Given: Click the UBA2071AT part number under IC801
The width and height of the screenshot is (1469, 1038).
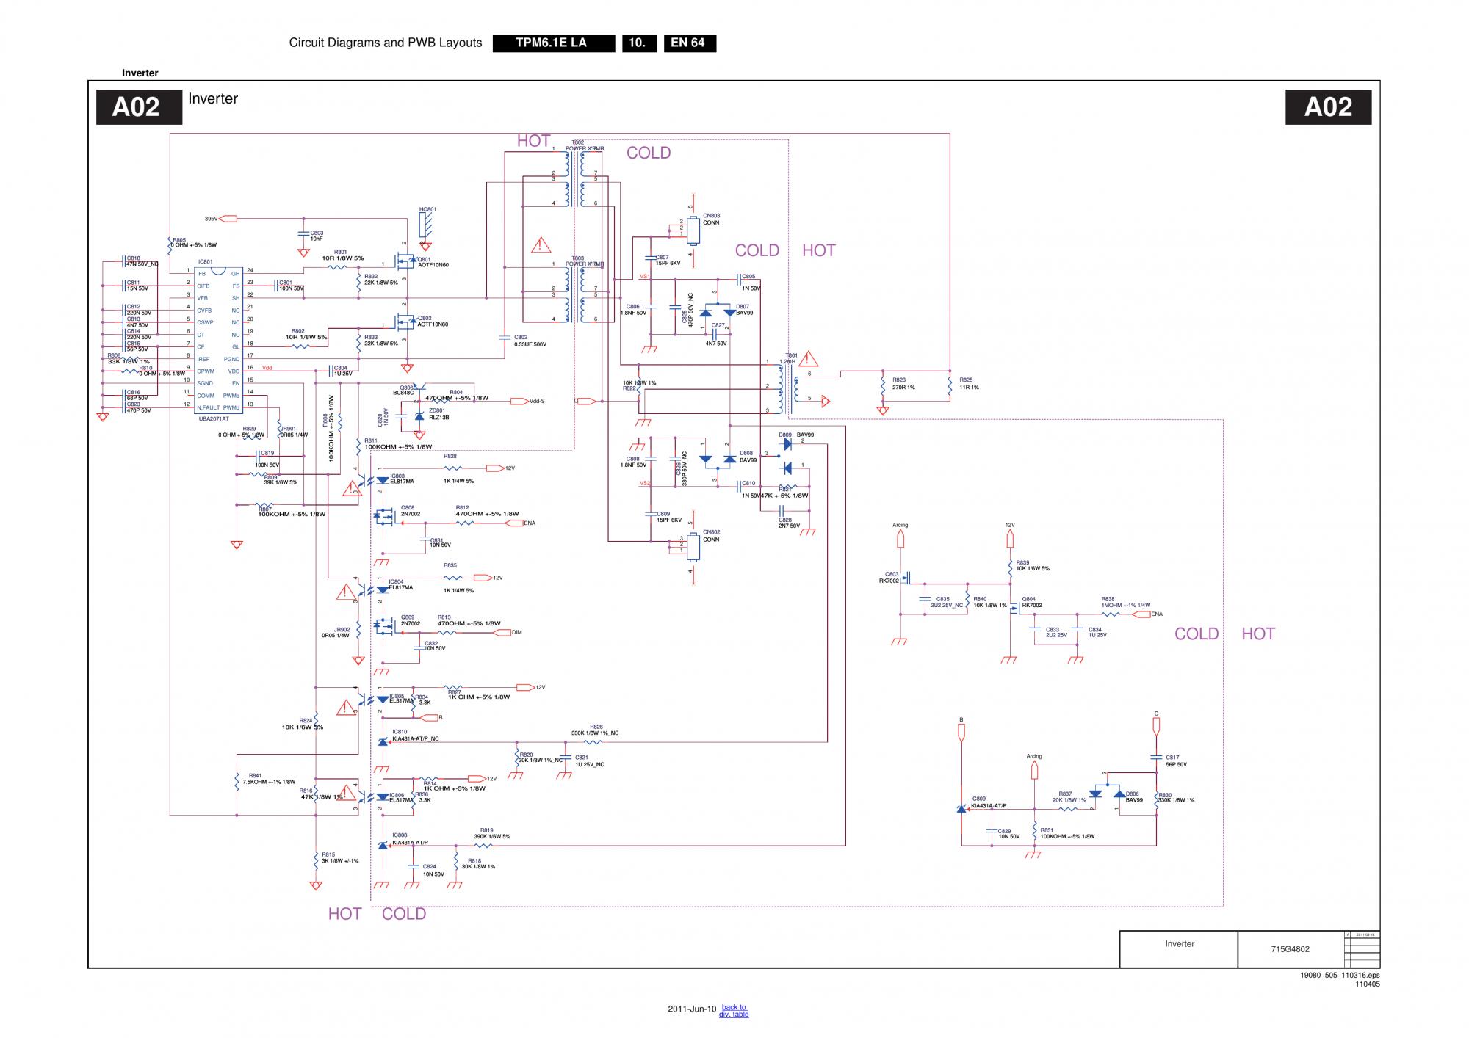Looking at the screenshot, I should [x=214, y=418].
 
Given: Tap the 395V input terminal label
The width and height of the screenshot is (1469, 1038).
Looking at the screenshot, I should [x=212, y=219].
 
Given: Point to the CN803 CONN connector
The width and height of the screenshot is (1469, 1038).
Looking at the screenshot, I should [x=693, y=231].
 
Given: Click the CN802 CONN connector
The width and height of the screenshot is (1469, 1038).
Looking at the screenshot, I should [x=693, y=546].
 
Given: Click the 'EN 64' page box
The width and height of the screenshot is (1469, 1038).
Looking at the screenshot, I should [x=689, y=43].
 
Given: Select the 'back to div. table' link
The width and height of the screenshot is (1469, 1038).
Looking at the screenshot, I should [x=733, y=1011].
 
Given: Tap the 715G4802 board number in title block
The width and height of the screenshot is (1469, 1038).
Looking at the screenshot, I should [x=1290, y=948].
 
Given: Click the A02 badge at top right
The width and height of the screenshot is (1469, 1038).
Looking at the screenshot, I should [x=1328, y=107].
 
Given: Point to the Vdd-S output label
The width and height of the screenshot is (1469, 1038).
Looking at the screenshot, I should [x=537, y=402].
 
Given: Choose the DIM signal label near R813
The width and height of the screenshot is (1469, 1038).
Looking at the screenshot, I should [x=517, y=632].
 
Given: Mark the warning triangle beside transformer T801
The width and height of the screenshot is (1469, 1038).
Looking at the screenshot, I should [x=809, y=360].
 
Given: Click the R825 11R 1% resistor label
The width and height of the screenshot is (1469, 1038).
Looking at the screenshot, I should [x=968, y=384].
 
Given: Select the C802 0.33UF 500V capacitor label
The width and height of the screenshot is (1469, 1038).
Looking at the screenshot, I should [x=530, y=341].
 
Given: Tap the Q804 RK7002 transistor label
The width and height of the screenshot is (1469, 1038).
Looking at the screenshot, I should [x=1031, y=602].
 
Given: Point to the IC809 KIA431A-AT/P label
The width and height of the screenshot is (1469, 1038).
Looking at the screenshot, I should [x=988, y=802].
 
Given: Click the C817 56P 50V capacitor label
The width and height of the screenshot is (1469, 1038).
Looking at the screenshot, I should [x=1175, y=761].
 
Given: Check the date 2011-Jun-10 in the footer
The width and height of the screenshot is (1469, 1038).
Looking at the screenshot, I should [x=691, y=1009].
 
